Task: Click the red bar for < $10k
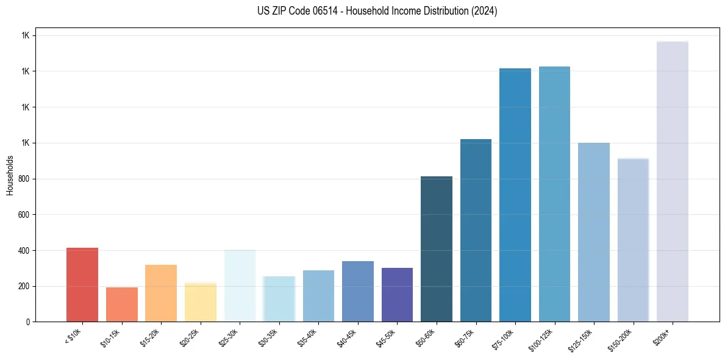82,285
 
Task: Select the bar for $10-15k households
121,304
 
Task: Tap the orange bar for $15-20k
161,293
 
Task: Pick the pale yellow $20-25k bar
200,302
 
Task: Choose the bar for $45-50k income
397,295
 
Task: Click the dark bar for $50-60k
437,249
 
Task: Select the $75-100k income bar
515,195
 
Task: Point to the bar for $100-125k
554,194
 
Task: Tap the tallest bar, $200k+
673,182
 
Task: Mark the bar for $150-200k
633,240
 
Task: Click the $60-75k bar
476,231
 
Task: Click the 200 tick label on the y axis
25,286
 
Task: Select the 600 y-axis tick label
25,215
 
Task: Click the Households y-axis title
10,175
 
